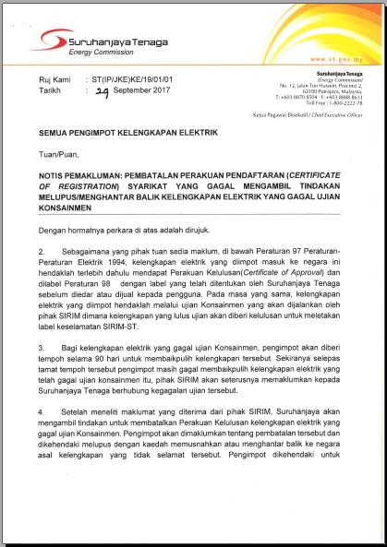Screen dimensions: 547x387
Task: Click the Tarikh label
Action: pyautogui.click(x=51, y=92)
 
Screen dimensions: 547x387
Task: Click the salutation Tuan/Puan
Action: pyautogui.click(x=59, y=156)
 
